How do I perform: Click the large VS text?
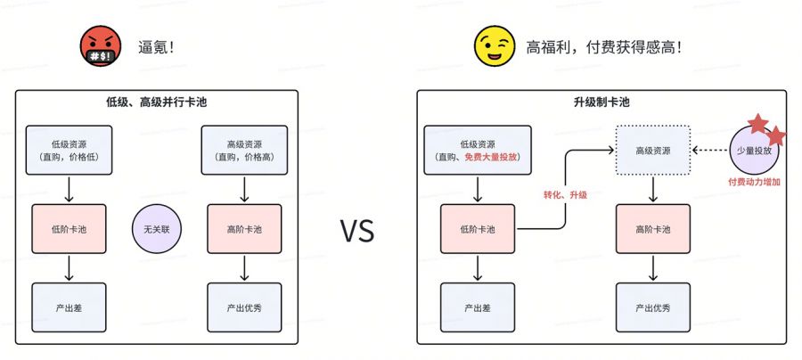point(357,231)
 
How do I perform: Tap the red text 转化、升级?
point(565,194)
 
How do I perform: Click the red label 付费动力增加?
point(754,181)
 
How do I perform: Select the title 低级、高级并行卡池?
point(156,102)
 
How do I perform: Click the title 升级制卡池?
point(601,102)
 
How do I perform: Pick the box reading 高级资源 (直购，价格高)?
point(243,150)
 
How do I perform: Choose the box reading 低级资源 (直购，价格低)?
point(69,150)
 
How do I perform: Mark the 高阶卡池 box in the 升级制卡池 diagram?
point(655,229)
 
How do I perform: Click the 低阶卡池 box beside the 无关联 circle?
point(69,229)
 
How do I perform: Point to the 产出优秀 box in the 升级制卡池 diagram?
point(655,307)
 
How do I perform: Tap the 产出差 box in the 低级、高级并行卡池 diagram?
point(69,307)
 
